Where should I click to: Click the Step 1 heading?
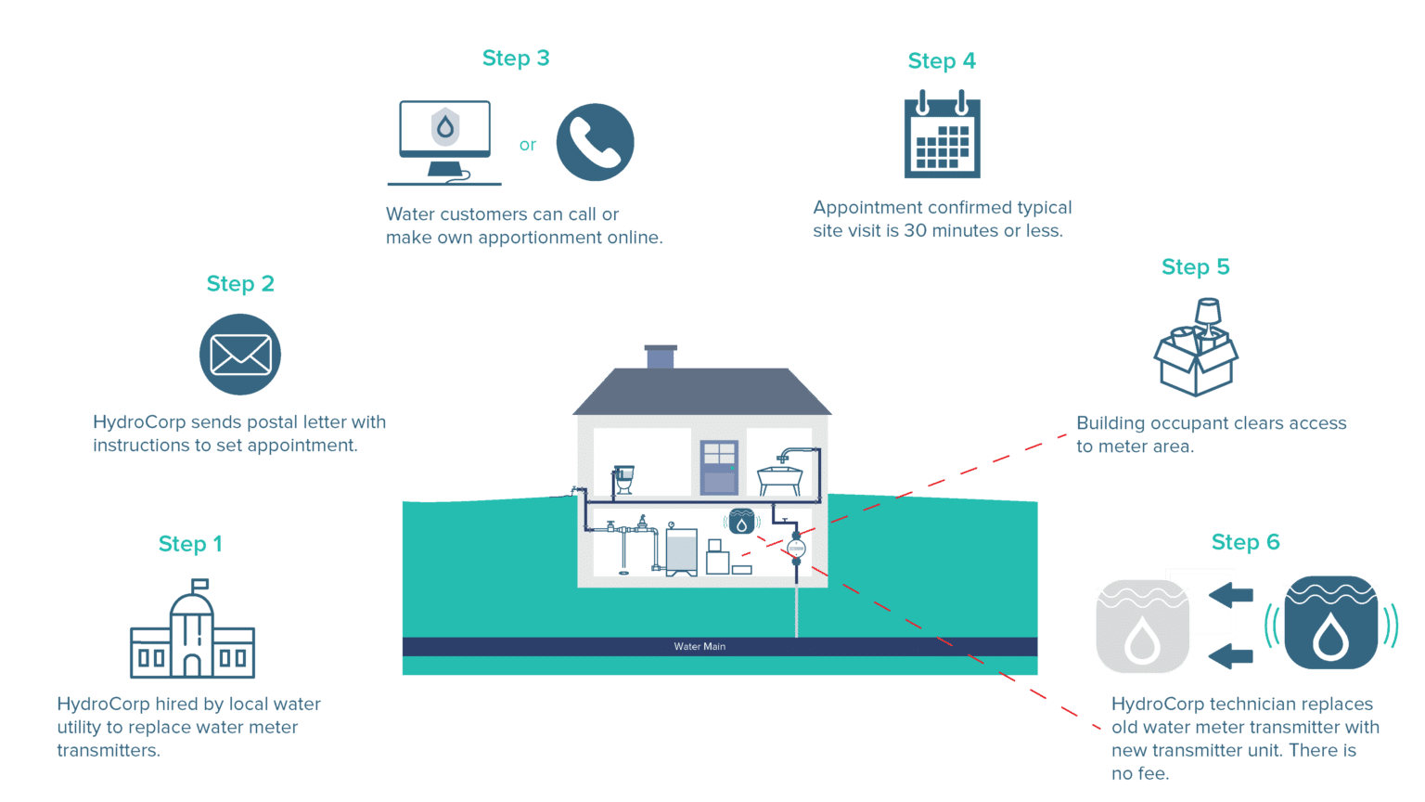tap(190, 544)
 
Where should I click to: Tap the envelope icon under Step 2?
tap(240, 356)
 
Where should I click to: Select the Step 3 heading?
tap(516, 58)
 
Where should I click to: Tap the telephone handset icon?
tap(595, 142)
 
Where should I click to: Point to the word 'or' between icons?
tap(528, 145)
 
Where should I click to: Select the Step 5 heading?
tap(1195, 267)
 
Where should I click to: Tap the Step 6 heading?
tap(1245, 542)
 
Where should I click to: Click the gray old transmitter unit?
tap(1142, 625)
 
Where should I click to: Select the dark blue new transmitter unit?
tap(1331, 623)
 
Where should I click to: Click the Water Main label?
tap(700, 646)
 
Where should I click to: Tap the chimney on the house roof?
tap(660, 356)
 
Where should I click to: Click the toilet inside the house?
tap(623, 479)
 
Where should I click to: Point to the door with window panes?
tap(719, 467)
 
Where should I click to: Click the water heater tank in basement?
tap(682, 551)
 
